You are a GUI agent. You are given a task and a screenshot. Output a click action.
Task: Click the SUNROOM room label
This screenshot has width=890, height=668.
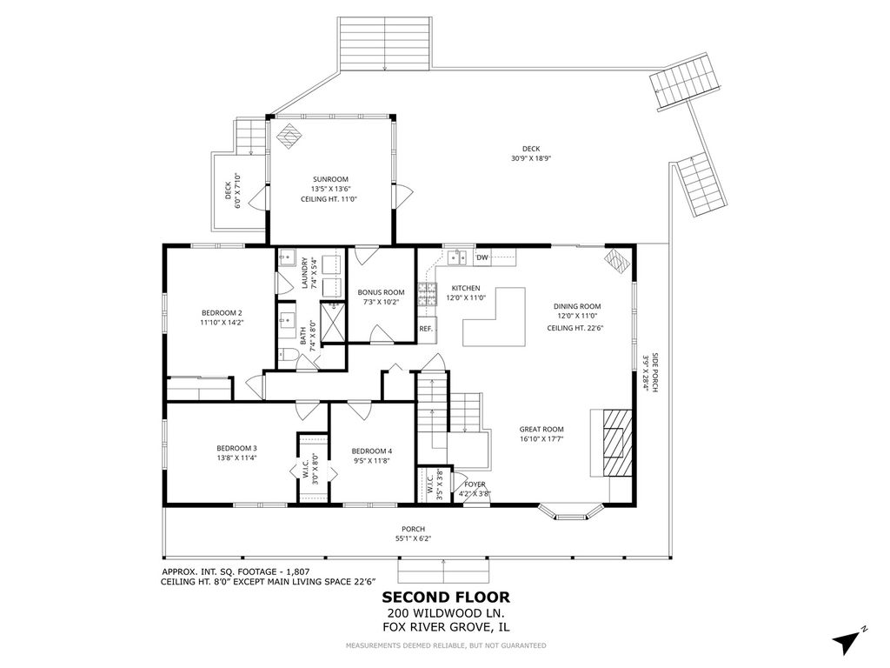[330, 179]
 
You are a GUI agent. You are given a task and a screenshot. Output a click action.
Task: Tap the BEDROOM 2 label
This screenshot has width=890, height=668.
[222, 312]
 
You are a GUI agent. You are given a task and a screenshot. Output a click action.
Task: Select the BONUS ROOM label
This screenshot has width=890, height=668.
[381, 292]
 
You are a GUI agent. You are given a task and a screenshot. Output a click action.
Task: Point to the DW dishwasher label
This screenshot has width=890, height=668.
[482, 257]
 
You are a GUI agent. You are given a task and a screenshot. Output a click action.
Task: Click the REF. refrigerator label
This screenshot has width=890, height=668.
[426, 328]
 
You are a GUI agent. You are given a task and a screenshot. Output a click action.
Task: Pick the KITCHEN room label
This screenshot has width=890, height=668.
[466, 288]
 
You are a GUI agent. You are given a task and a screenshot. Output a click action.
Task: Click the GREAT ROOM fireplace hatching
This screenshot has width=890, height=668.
[617, 443]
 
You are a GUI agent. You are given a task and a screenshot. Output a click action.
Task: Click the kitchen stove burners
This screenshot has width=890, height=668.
[428, 295]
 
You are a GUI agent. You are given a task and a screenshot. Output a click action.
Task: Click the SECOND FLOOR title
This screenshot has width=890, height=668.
[446, 597]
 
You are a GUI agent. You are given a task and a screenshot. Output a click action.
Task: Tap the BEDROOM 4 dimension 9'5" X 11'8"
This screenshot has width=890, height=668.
[371, 461]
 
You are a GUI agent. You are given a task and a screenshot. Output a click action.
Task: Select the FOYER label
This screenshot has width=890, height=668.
[475, 484]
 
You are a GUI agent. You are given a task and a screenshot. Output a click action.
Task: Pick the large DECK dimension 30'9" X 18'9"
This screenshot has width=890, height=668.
[531, 158]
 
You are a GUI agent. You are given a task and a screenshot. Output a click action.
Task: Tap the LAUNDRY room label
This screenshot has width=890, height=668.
[305, 273]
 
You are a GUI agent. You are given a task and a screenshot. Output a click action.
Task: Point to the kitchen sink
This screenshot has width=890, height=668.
[457, 257]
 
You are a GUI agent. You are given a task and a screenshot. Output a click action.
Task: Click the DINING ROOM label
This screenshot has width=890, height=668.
[577, 306]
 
